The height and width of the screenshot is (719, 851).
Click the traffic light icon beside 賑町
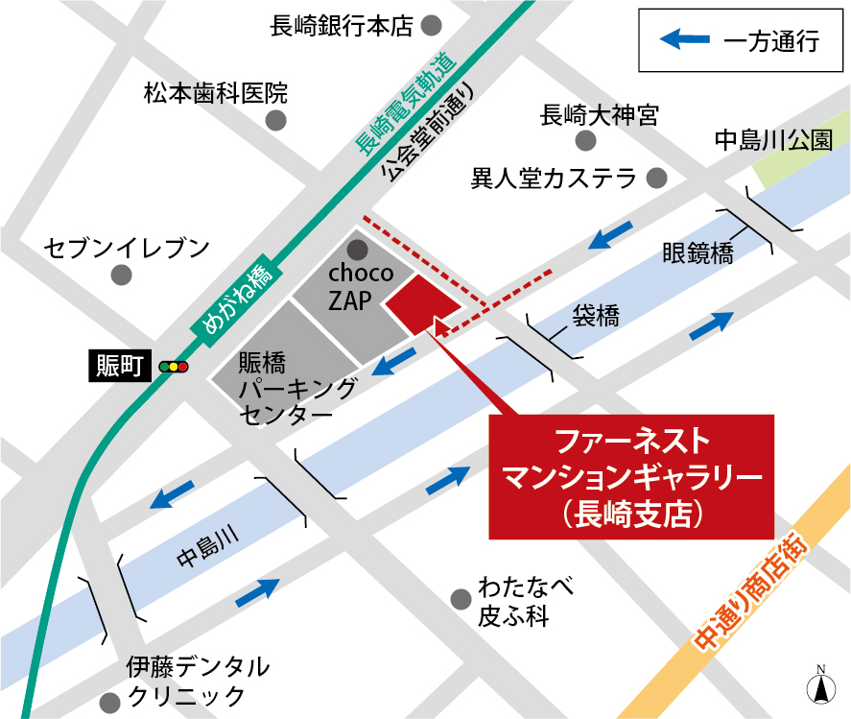coord(175,366)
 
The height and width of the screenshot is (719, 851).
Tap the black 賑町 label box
coord(120,365)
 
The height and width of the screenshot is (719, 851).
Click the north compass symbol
coord(820,686)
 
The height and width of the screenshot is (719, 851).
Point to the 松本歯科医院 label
coord(216,93)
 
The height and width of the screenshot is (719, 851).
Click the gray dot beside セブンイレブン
coord(121,276)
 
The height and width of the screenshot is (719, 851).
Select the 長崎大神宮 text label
coord(600,116)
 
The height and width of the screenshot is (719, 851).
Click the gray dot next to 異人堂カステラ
coord(656,179)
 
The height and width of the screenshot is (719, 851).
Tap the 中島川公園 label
coord(773,140)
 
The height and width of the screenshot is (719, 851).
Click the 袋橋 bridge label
coord(596,313)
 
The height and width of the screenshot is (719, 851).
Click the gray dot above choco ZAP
coord(358,251)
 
